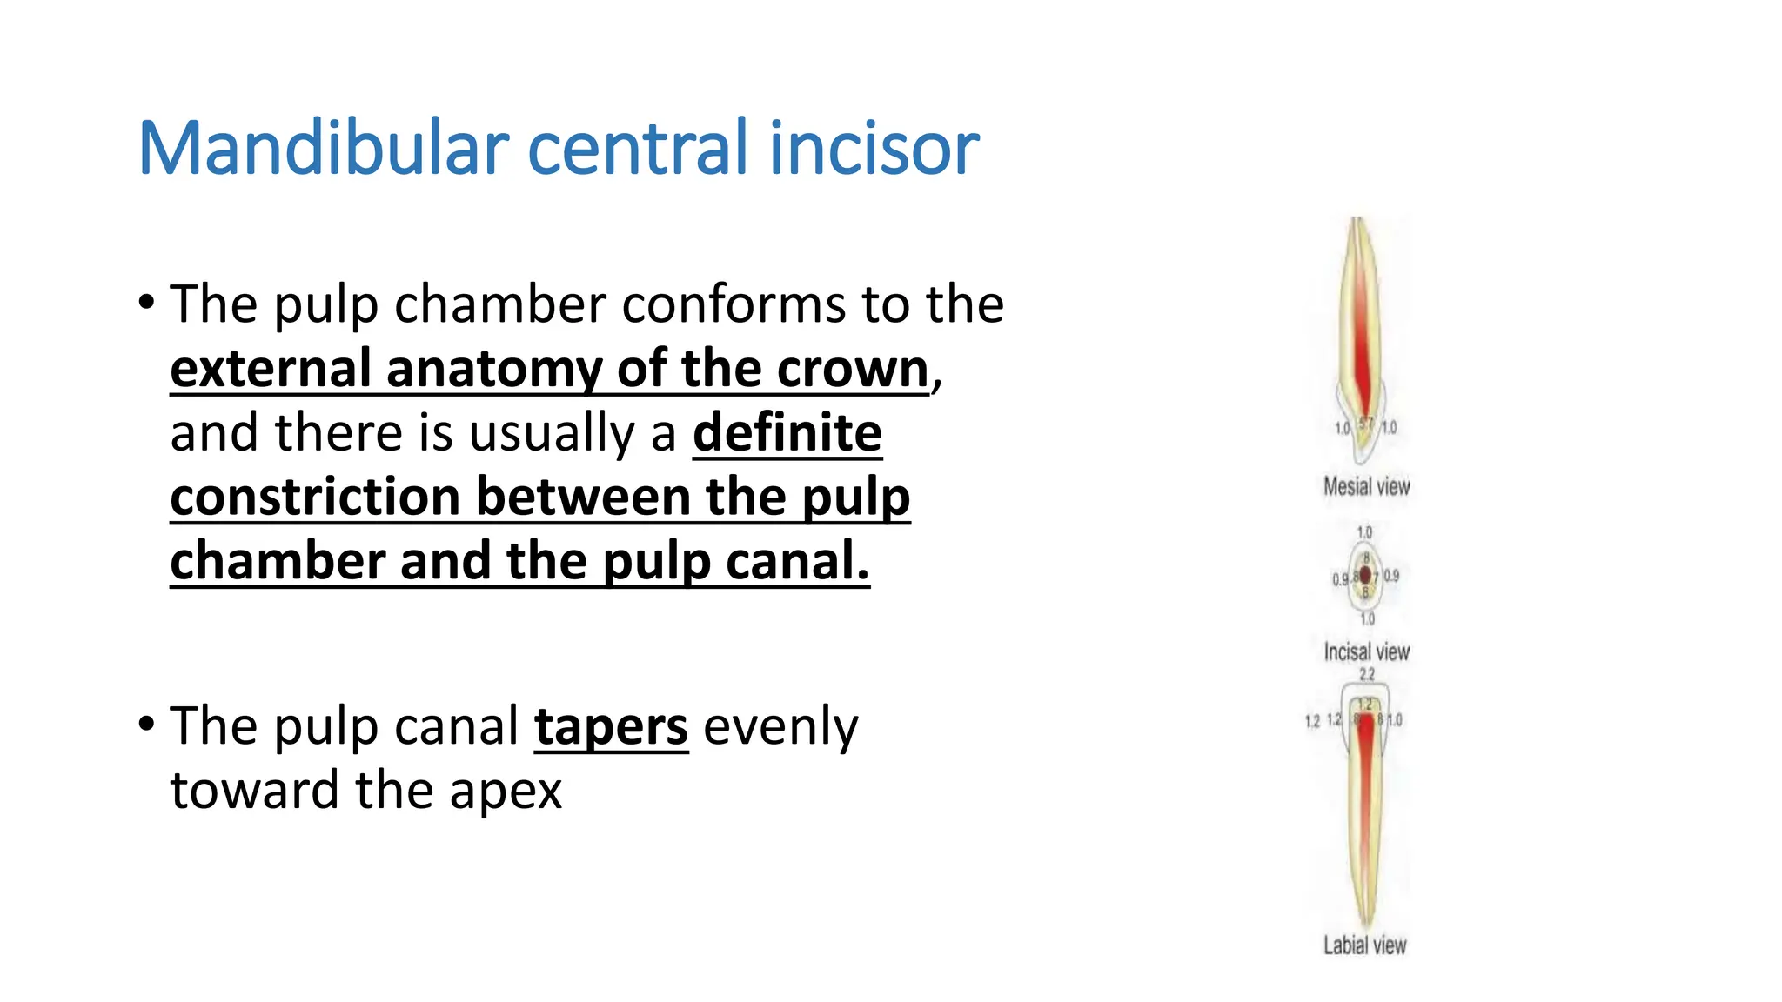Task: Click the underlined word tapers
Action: [611, 726]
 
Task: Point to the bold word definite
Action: [787, 432]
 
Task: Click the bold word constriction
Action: [315, 497]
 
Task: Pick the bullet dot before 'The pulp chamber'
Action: [146, 303]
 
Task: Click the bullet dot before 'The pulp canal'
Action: [146, 724]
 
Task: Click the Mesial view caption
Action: [1366, 486]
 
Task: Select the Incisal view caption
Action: [1366, 651]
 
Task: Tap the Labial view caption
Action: [1364, 945]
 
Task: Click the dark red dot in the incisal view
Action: [1365, 574]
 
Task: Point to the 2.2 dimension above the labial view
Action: [1367, 674]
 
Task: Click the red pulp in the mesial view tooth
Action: [1360, 348]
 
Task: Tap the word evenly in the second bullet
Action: [780, 726]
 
